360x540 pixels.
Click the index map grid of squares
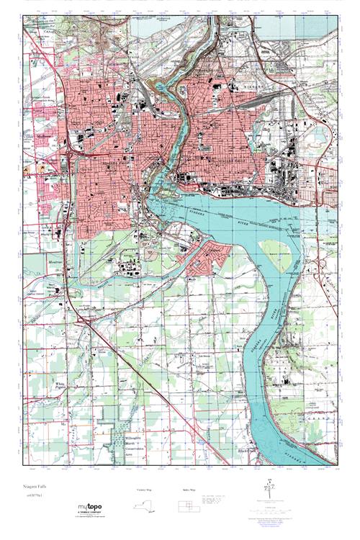click(x=189, y=503)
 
